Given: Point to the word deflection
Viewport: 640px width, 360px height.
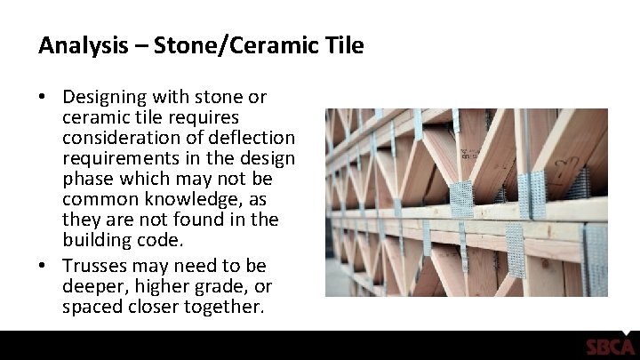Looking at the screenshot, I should pyautogui.click(x=252, y=139).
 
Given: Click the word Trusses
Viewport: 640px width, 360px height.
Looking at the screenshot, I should pyautogui.click(x=92, y=266).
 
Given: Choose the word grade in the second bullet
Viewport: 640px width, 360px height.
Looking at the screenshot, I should pyautogui.click(x=229, y=286).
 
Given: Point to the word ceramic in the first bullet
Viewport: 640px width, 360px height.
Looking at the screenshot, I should pyautogui.click(x=92, y=117).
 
